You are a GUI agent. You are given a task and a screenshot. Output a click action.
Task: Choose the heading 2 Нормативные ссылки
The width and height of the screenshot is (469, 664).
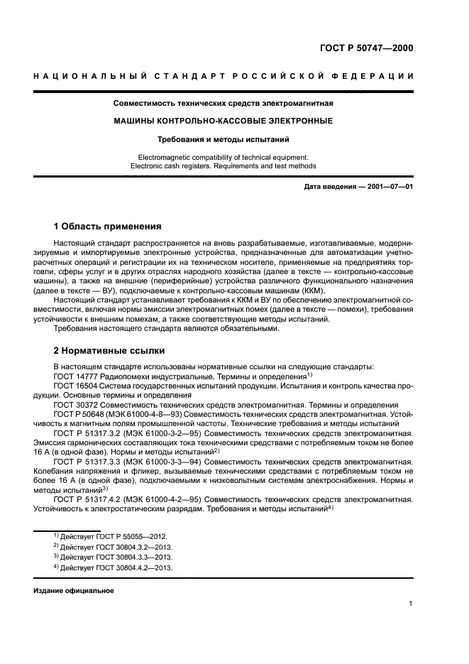(x=109, y=351)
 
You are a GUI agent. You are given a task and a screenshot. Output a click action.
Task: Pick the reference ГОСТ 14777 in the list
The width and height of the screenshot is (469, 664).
(x=75, y=376)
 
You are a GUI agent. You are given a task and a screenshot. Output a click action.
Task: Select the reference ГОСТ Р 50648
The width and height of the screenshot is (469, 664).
(x=79, y=413)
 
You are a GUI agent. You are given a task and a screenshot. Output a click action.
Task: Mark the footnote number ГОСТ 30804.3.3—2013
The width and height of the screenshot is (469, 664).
(x=138, y=557)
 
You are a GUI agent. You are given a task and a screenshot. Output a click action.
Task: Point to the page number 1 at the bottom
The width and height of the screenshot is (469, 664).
(x=411, y=604)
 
